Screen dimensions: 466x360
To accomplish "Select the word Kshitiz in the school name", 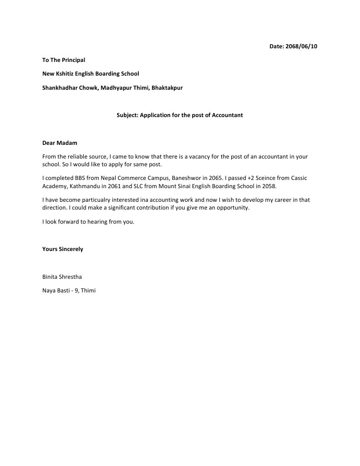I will pyautogui.click(x=66, y=73).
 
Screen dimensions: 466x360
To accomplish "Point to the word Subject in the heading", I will pyautogui.click(x=127, y=115).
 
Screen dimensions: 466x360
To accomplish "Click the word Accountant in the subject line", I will pyautogui.click(x=227, y=115).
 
